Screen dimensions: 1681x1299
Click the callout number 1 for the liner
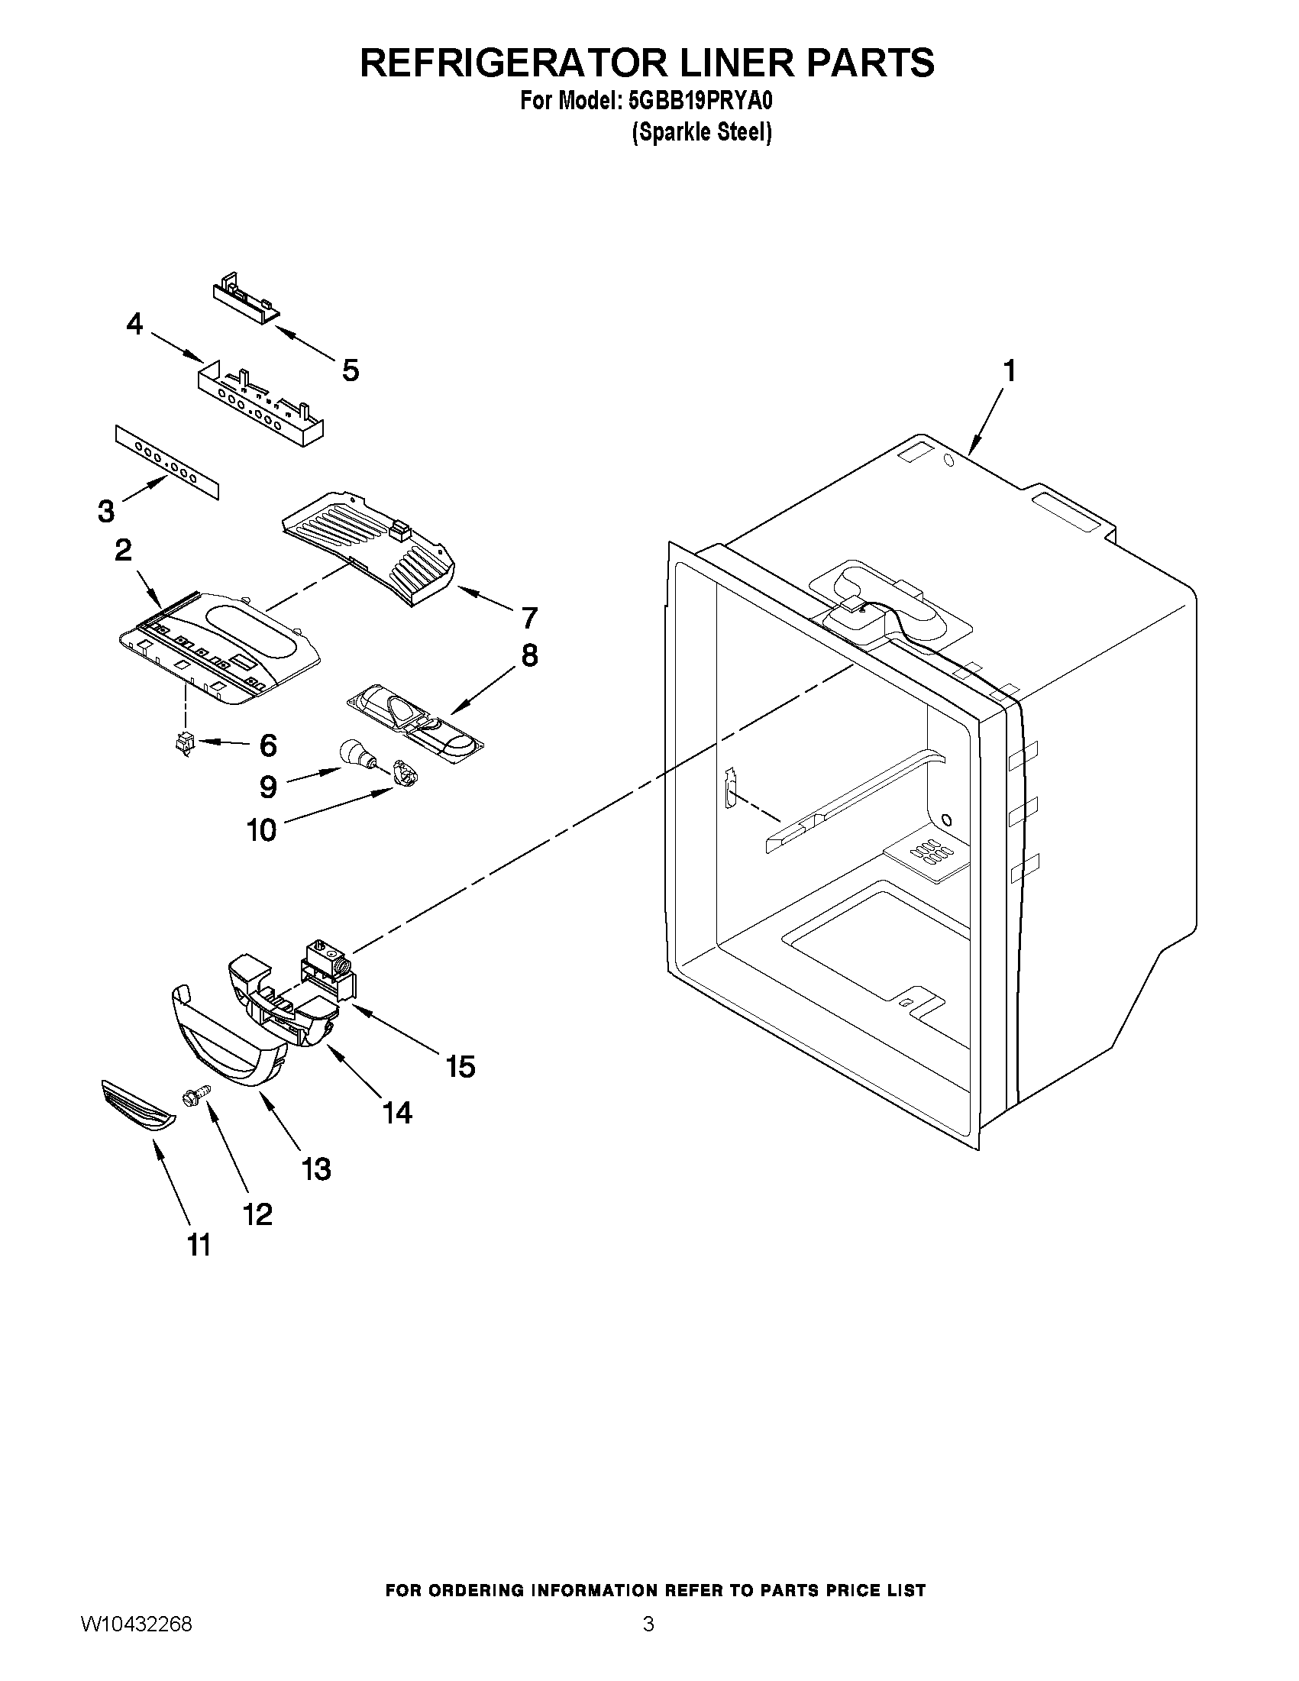[x=1009, y=371]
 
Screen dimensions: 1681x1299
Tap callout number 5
[x=351, y=371]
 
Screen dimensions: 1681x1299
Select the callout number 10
[x=262, y=829]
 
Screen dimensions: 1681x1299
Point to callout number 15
[x=460, y=1066]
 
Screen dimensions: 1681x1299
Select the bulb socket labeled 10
[x=403, y=771]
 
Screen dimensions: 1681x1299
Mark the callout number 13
[x=316, y=1169]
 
